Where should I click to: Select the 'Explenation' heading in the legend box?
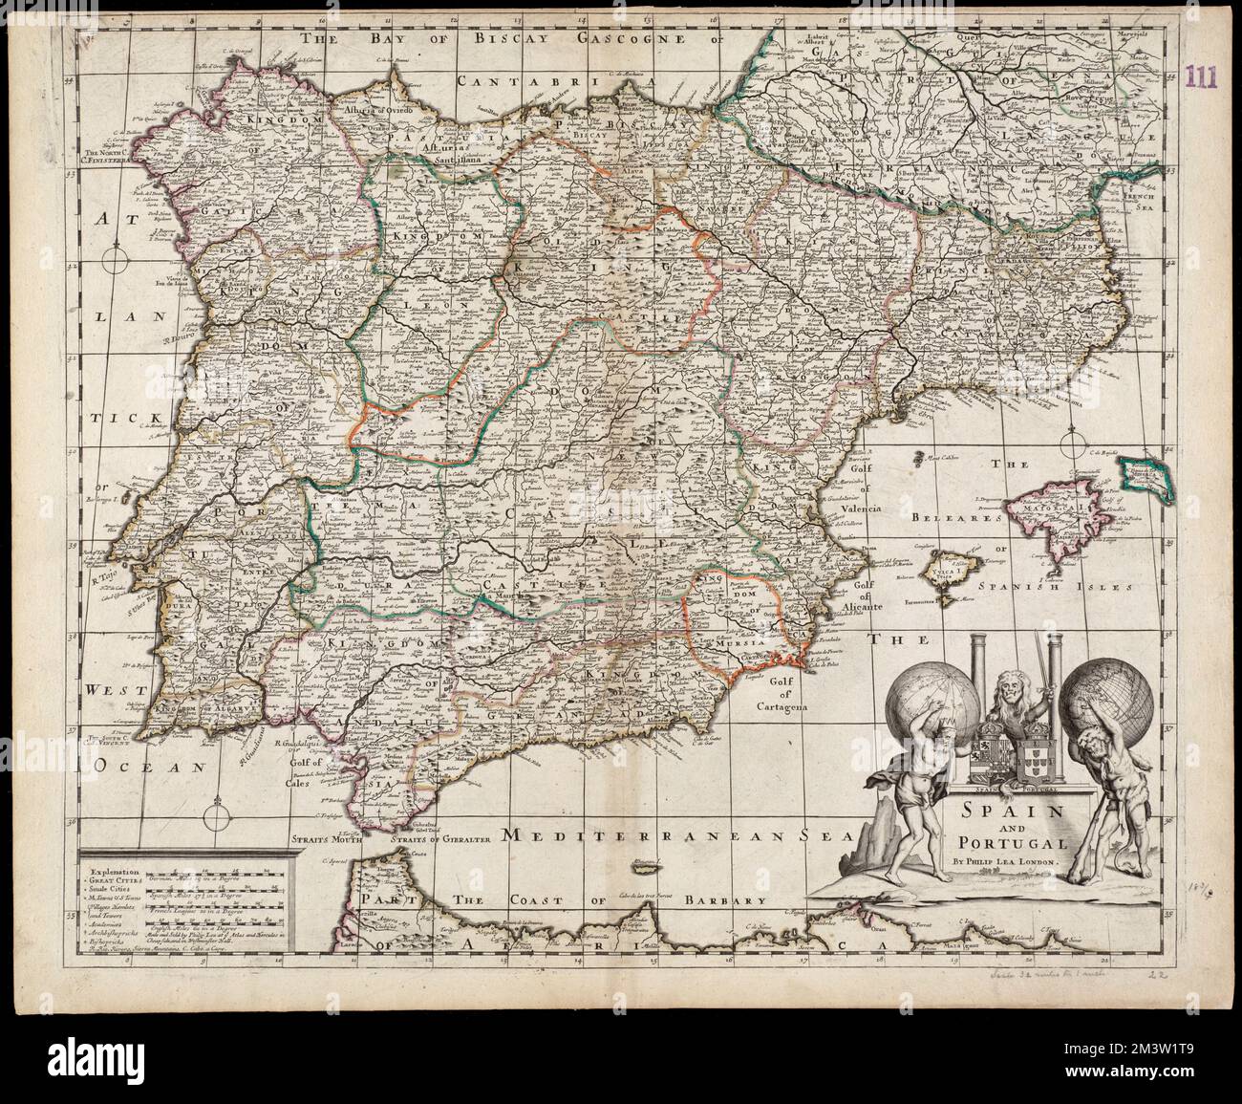coord(113,872)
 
